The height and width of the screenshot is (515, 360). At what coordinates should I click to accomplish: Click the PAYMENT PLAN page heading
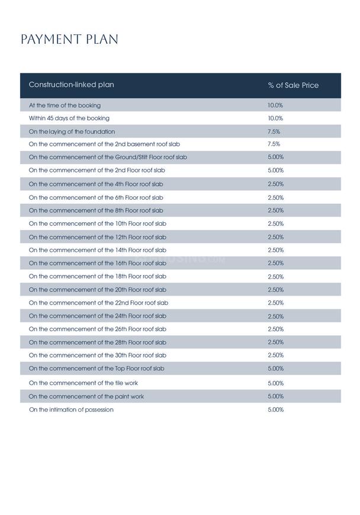pyautogui.click(x=69, y=40)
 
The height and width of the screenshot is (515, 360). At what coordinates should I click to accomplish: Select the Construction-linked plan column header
pyautogui.click(x=72, y=85)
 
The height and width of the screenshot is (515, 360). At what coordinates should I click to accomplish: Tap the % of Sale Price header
pyautogui.click(x=293, y=85)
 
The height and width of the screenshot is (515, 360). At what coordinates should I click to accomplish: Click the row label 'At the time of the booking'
pyautogui.click(x=65, y=105)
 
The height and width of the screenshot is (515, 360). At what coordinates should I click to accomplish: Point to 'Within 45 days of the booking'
pyautogui.click(x=69, y=119)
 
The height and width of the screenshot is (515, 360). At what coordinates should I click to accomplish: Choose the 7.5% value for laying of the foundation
pyautogui.click(x=274, y=132)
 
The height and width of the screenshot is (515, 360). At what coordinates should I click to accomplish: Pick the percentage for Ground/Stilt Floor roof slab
pyautogui.click(x=275, y=158)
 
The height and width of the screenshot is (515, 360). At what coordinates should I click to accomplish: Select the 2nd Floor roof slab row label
pyautogui.click(x=97, y=171)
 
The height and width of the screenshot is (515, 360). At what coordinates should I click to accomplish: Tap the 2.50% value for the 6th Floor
pyautogui.click(x=275, y=198)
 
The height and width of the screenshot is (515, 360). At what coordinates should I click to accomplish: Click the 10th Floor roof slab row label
pyautogui.click(x=98, y=224)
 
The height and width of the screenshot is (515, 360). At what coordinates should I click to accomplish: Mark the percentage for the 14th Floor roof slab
pyautogui.click(x=275, y=251)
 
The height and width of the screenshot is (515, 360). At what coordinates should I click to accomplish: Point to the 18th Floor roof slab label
pyautogui.click(x=98, y=276)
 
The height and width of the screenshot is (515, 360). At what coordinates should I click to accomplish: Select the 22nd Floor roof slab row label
pyautogui.click(x=98, y=303)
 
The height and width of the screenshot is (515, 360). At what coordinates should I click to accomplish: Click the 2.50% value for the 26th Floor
pyautogui.click(x=275, y=330)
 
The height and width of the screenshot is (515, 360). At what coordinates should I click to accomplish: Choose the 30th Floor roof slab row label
pyautogui.click(x=98, y=356)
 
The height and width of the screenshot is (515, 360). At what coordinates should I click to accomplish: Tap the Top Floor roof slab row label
pyautogui.click(x=97, y=369)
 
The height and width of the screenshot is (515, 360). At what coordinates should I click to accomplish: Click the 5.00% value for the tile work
pyautogui.click(x=275, y=383)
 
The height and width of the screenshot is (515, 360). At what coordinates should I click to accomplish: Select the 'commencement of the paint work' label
pyautogui.click(x=86, y=396)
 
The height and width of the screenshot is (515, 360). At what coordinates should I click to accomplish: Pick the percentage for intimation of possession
pyautogui.click(x=275, y=410)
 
